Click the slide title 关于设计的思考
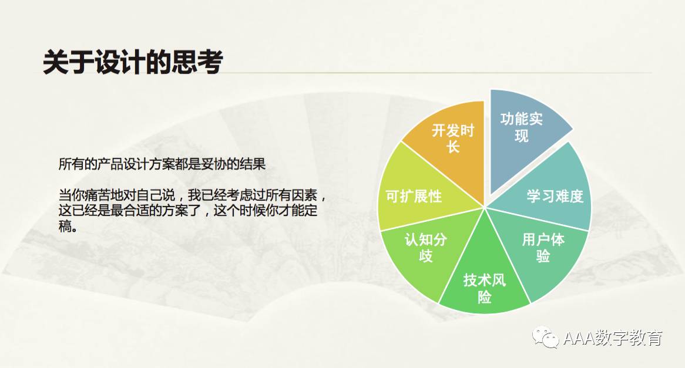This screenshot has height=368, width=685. (133, 62)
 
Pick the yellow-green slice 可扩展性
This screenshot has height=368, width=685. (415, 192)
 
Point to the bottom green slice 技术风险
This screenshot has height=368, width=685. (484, 279)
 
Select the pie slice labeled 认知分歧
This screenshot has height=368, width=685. (426, 249)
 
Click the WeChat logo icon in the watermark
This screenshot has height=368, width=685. (545, 337)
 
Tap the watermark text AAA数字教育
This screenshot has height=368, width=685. (613, 338)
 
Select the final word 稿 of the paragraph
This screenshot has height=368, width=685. (65, 226)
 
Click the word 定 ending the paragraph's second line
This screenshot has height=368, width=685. (311, 210)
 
